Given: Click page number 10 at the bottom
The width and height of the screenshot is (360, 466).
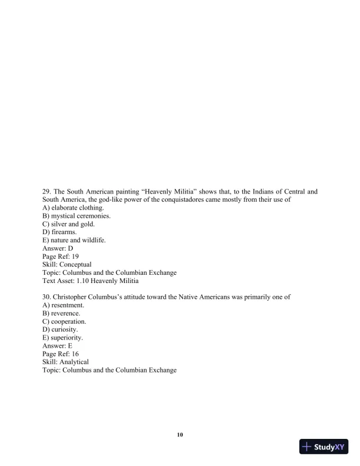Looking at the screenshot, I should coord(180,435).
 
